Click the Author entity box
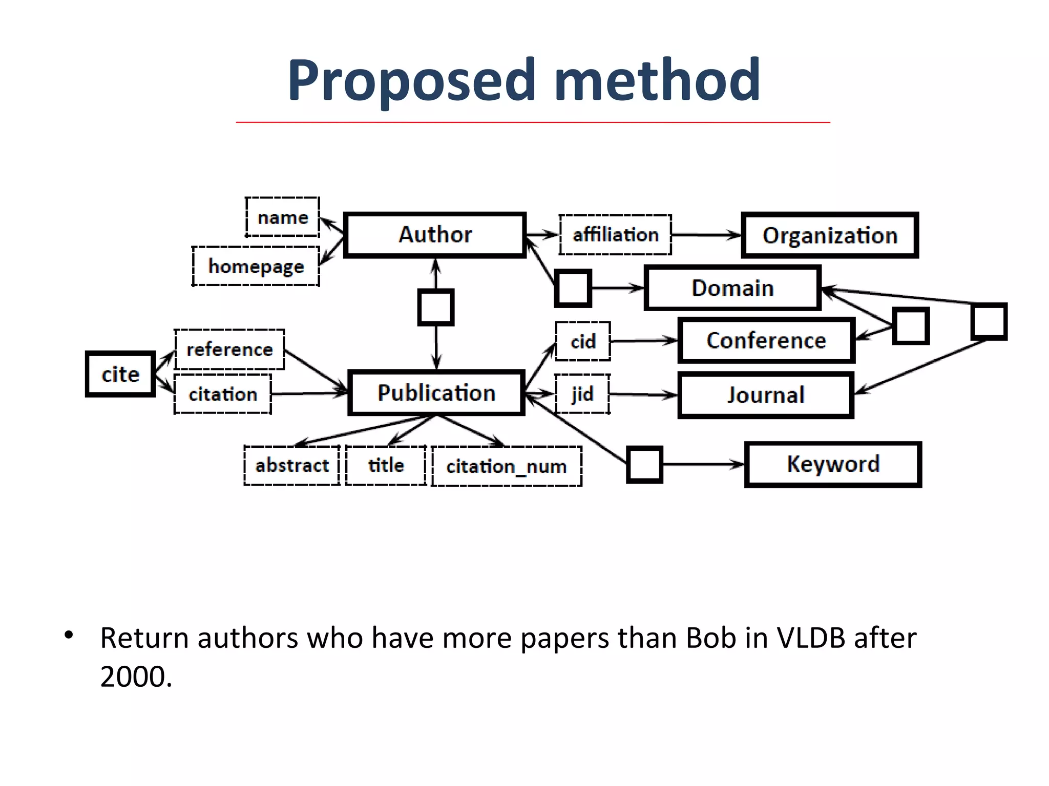[435, 235]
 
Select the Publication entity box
[436, 393]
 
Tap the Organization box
[830, 235]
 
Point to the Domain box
[732, 288]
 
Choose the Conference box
[766, 341]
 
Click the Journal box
[766, 395]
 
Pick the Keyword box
[833, 464]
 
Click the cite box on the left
[120, 374]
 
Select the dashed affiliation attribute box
[615, 235]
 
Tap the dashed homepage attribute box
[256, 267]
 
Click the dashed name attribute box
[283, 217]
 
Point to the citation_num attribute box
[507, 466]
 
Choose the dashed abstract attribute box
[292, 465]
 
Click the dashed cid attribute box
[583, 341]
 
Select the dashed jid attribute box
[582, 394]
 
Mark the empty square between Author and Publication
[436, 307]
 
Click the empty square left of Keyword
[645, 464]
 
